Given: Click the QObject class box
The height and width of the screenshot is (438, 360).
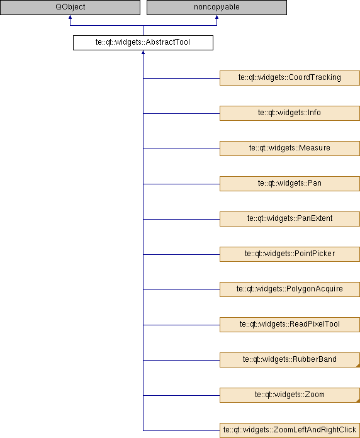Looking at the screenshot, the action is coord(70,8).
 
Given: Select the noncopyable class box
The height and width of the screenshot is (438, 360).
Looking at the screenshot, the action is coord(217,8).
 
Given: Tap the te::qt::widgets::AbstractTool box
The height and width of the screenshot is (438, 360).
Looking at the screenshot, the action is coord(143,43).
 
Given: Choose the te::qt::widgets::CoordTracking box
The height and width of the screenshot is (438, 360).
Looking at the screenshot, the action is coord(290,78).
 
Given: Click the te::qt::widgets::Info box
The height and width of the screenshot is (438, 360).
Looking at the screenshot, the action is coord(290,113).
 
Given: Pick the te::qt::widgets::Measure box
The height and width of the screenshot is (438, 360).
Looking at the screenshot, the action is coord(290,149).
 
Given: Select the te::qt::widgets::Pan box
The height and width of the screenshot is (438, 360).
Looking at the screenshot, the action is coord(290,184).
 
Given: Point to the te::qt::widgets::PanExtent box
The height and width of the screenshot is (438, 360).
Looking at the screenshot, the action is coord(290,219).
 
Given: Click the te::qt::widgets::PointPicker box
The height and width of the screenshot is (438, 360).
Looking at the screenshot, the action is coord(290,254).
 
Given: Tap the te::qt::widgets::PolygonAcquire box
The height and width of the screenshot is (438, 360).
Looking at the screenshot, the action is coord(290,289).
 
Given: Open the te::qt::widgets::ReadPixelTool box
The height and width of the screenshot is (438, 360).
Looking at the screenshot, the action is coord(290,324).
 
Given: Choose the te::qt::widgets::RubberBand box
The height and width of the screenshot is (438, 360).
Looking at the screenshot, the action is coord(290,360).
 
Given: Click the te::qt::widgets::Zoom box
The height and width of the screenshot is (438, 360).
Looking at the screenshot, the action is coord(290,395).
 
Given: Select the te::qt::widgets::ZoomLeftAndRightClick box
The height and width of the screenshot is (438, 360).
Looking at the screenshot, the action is coord(290,430).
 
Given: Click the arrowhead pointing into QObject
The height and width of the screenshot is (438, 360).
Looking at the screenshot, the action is coord(70,17).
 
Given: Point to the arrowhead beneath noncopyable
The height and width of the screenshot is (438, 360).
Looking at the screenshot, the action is coord(217,17).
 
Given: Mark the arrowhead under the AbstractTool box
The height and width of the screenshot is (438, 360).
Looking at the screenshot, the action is coord(143,52).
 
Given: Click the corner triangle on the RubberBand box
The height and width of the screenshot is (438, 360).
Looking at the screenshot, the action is coord(358,366).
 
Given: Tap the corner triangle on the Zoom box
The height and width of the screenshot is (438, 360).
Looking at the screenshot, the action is coord(358,401).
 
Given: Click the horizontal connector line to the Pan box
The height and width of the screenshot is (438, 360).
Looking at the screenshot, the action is coord(181,184).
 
